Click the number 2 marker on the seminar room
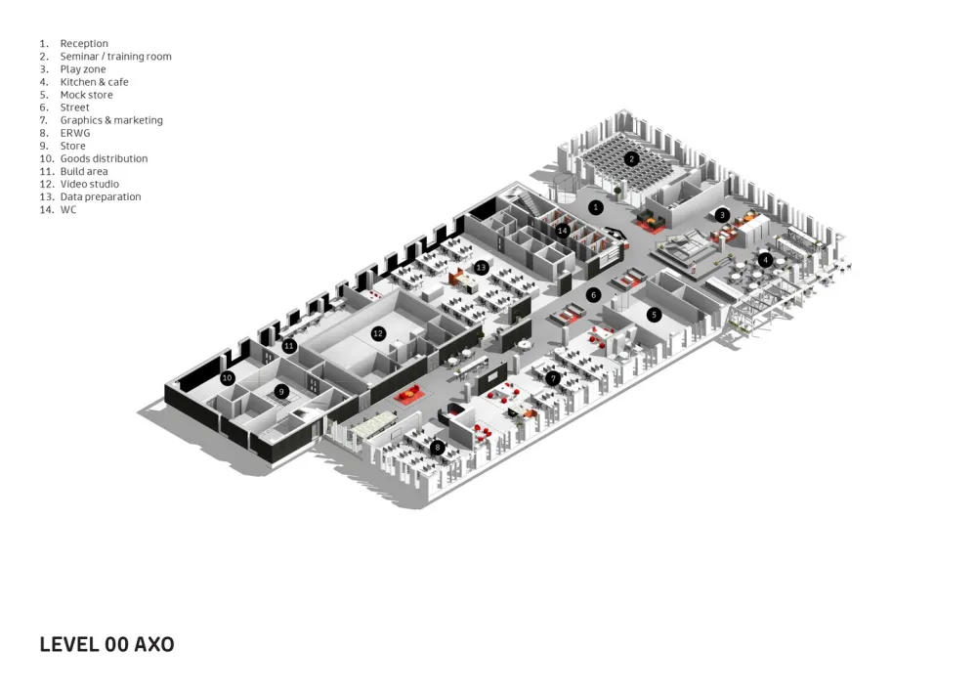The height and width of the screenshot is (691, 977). pyautogui.click(x=632, y=158)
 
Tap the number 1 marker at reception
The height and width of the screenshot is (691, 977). pyautogui.click(x=596, y=207)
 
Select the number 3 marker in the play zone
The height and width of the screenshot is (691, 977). pyautogui.click(x=722, y=215)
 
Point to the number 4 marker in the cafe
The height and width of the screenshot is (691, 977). pyautogui.click(x=765, y=260)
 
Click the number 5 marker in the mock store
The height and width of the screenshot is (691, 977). pyautogui.click(x=655, y=315)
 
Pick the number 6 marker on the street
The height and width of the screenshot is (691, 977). pyautogui.click(x=593, y=294)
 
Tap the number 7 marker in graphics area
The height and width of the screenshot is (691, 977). pyautogui.click(x=553, y=378)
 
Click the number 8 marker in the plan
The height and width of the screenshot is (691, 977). pyautogui.click(x=438, y=448)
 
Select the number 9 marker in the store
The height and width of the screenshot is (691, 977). pyautogui.click(x=281, y=391)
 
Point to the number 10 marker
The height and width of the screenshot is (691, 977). pyautogui.click(x=228, y=377)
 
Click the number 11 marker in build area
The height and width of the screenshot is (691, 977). pyautogui.click(x=289, y=346)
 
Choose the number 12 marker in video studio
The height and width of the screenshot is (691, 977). pyautogui.click(x=378, y=333)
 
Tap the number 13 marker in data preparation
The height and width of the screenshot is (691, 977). pyautogui.click(x=481, y=267)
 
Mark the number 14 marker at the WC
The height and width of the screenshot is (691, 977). pyautogui.click(x=562, y=231)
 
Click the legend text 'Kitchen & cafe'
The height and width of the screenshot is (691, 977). pyautogui.click(x=94, y=82)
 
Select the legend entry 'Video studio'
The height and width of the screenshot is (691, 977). pyautogui.click(x=89, y=184)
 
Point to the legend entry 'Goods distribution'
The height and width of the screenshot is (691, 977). pyautogui.click(x=104, y=158)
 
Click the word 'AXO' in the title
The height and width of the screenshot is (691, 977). pyautogui.click(x=153, y=645)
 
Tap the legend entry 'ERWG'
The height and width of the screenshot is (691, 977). pyautogui.click(x=75, y=133)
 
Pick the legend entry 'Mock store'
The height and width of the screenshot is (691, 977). pyautogui.click(x=86, y=95)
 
